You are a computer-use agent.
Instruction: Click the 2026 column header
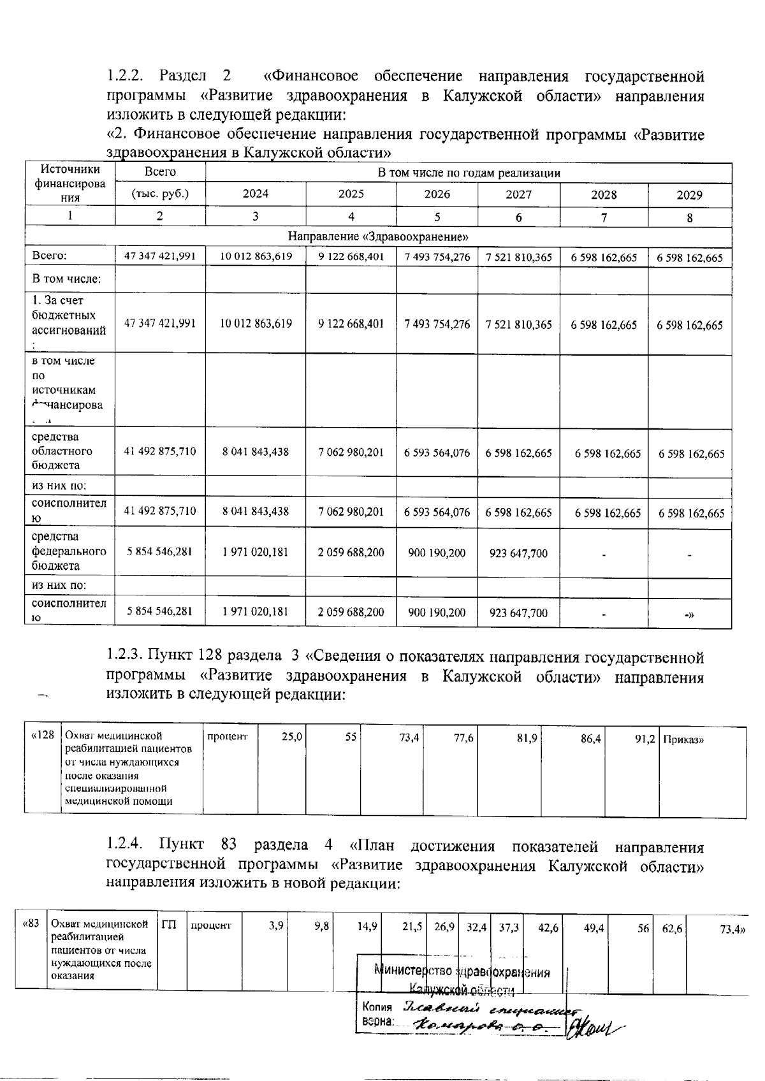pos(437,195)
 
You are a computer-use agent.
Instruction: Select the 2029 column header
pos(689,195)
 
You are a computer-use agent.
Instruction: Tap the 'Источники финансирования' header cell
pos(70,184)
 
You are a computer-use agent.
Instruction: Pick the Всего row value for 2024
pos(256,257)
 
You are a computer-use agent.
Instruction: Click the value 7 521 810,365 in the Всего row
pos(518,258)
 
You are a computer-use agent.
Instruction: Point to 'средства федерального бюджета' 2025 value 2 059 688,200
pos(351,553)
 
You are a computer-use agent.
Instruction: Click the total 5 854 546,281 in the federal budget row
pos(159,552)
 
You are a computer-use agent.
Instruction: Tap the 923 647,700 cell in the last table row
pos(518,613)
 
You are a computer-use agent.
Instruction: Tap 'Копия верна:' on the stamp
pos(376,1014)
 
